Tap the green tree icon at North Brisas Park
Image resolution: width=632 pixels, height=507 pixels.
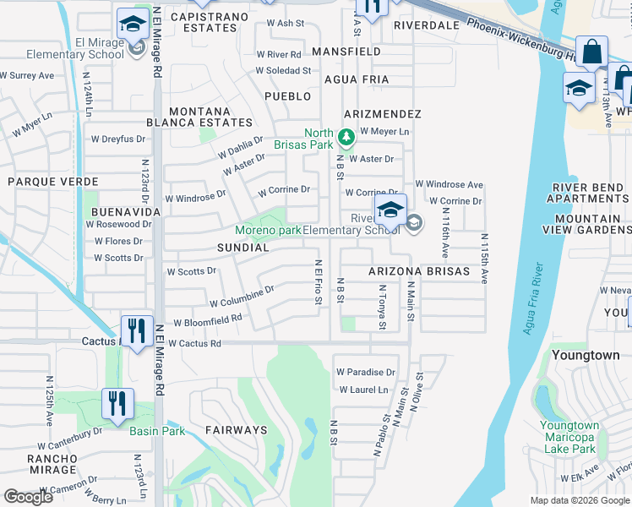[x=345, y=136]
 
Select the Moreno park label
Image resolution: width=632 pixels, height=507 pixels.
[x=268, y=231]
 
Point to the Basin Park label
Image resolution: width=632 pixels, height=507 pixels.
[x=157, y=431]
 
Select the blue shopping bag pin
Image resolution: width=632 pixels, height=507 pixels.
[x=591, y=53]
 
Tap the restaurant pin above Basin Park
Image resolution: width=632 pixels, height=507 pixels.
[x=117, y=404]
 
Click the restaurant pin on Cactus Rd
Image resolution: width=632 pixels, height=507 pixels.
[x=136, y=331]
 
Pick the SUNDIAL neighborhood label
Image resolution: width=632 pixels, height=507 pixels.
[x=242, y=248]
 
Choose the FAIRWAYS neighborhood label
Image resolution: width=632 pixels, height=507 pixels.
[x=236, y=430]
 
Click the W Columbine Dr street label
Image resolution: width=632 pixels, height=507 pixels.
[x=242, y=297]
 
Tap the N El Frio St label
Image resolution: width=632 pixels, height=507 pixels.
[x=319, y=278]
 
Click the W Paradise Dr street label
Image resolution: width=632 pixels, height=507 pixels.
[x=366, y=372]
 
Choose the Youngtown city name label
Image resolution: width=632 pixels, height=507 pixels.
[x=585, y=356]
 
